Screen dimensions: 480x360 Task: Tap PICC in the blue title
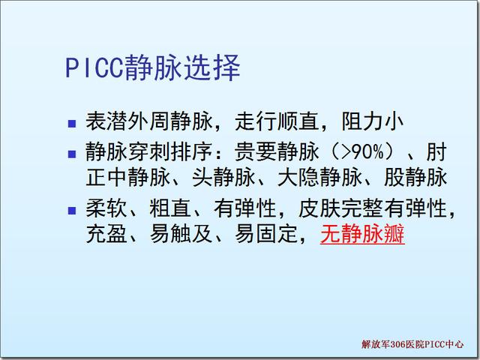94,68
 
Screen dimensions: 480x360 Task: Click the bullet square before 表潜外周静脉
72,123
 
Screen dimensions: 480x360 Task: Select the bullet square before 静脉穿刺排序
72,154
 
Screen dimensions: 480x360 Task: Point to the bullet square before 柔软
72,211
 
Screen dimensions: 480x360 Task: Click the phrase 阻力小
373,121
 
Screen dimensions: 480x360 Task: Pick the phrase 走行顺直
277,121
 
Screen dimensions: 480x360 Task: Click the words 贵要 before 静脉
256,151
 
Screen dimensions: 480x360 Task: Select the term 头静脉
223,177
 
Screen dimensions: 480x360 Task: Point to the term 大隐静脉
319,177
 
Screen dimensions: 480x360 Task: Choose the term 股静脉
415,177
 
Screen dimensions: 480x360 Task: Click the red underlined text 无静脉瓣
362,234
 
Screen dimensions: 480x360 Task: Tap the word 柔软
106,208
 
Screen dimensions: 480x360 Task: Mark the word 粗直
170,208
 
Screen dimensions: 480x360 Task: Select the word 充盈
106,234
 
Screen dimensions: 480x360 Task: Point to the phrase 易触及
181,234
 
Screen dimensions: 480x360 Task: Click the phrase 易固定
266,234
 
